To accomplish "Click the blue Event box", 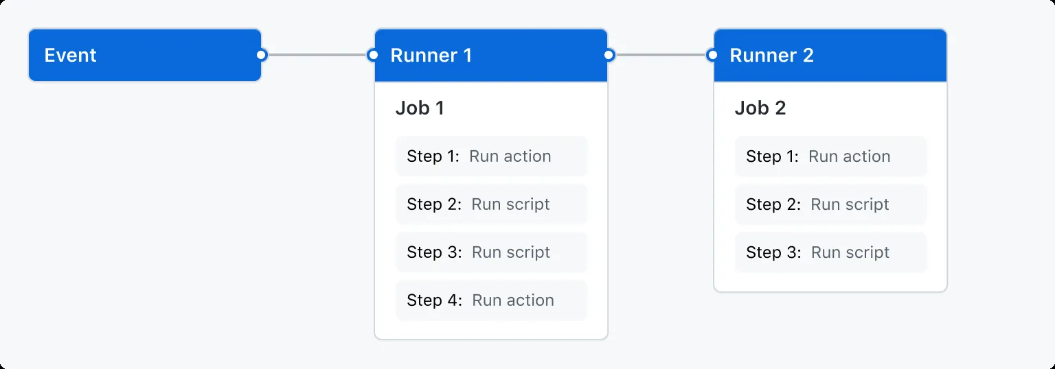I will tap(144, 55).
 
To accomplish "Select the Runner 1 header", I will tap(490, 55).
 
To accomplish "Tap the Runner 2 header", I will tap(830, 55).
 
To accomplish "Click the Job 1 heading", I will tap(420, 108).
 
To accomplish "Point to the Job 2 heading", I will tap(760, 108).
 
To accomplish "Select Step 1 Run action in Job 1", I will tap(491, 156).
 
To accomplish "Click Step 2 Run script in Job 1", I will tap(491, 204).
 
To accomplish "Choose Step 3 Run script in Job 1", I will tap(491, 252).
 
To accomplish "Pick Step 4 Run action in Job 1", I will tap(491, 300).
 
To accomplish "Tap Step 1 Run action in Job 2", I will tap(830, 156).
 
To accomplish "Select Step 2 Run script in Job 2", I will tap(830, 204).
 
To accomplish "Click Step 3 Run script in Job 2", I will tap(830, 252).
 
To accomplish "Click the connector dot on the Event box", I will tap(261, 55).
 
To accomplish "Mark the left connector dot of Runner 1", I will tap(373, 55).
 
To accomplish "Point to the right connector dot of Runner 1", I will tap(609, 55).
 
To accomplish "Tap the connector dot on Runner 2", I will tap(712, 55).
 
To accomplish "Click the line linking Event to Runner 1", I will tap(317, 55).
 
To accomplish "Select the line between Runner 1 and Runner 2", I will tap(660, 55).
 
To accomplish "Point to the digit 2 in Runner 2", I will tap(808, 56).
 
